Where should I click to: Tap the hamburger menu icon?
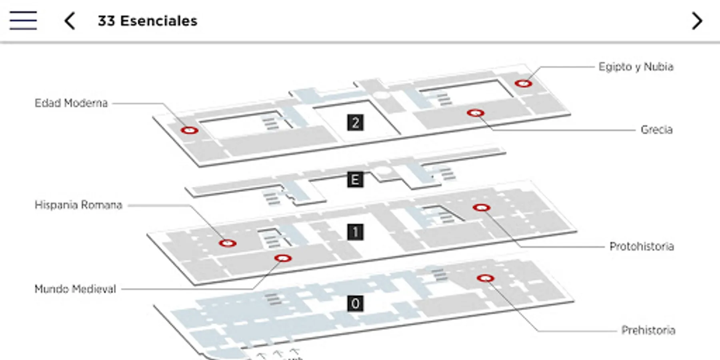(x=23, y=20)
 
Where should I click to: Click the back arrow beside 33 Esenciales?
(x=70, y=21)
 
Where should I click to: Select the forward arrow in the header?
(x=697, y=21)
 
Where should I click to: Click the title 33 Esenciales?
(x=148, y=21)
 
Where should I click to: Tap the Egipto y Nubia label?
(x=636, y=66)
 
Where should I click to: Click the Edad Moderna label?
(x=71, y=103)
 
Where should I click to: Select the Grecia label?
(x=656, y=130)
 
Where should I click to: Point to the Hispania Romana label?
(x=78, y=205)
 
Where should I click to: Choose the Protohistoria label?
(x=642, y=246)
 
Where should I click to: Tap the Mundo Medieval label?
(x=75, y=289)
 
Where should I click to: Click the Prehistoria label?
(x=648, y=330)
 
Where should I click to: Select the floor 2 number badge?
(x=355, y=122)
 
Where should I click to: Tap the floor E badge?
(x=355, y=180)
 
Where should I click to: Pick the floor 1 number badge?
(x=355, y=232)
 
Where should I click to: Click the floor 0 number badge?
(x=355, y=304)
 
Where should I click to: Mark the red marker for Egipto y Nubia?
(x=523, y=83)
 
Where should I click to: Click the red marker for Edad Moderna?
(x=189, y=130)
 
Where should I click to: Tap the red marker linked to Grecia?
(x=476, y=113)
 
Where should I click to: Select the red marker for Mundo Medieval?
(x=283, y=258)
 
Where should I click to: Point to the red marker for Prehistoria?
(x=485, y=278)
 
